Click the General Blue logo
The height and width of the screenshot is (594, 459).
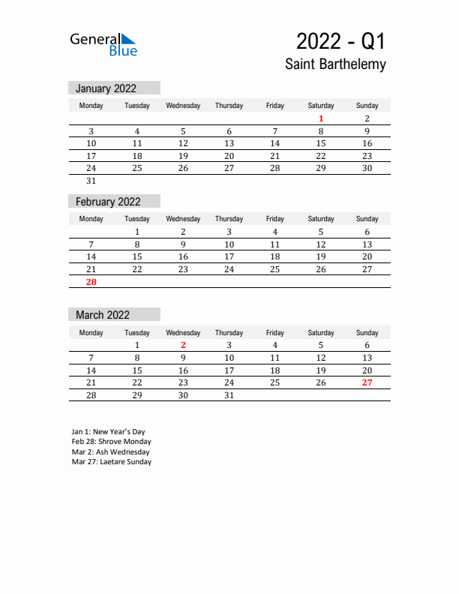(103, 44)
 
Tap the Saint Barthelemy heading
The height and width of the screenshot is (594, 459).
(335, 64)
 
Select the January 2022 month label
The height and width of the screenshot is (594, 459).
(106, 88)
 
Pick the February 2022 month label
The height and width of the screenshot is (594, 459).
(108, 202)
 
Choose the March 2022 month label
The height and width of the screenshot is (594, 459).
(103, 315)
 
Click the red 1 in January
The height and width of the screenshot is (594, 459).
(321, 118)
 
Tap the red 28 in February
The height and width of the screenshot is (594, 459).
(91, 282)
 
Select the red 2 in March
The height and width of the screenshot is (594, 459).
(183, 346)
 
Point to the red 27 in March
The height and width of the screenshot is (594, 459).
(367, 382)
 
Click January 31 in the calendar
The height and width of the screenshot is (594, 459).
(91, 181)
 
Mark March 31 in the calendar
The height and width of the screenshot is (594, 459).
(229, 395)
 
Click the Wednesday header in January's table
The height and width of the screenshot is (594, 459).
(183, 106)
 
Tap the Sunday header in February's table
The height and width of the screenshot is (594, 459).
(367, 219)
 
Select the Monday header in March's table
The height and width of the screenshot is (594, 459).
(91, 333)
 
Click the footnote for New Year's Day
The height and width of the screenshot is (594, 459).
(108, 432)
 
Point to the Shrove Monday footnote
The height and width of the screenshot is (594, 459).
(111, 442)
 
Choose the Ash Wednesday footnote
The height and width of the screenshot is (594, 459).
(110, 452)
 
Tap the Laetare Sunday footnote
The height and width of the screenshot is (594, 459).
(111, 462)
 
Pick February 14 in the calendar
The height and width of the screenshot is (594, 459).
(91, 256)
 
